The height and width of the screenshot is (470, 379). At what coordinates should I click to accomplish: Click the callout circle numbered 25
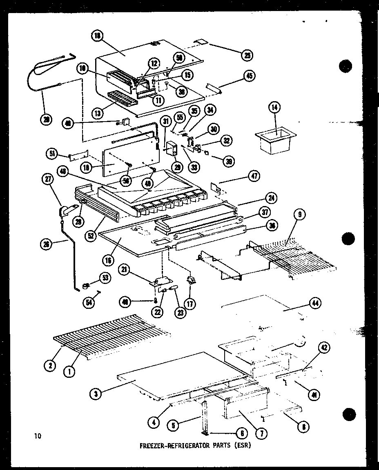coord(246,55)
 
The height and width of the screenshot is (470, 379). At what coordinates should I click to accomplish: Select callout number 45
coord(249,75)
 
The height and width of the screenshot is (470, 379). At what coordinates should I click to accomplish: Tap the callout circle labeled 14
coord(274,108)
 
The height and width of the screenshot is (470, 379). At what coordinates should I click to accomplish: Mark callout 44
coord(315,303)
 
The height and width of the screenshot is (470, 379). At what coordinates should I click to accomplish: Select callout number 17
coord(190,304)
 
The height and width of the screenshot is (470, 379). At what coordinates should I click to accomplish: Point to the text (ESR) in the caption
coord(242,446)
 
